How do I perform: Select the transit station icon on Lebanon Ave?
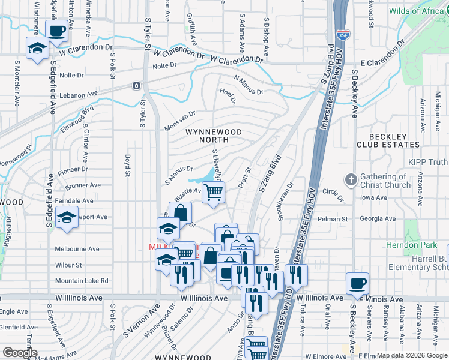click(x=137, y=86)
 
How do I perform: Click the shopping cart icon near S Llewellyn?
click(x=213, y=192)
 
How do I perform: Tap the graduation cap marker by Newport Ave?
click(x=66, y=218)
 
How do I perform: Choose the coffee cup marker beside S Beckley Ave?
click(x=357, y=283)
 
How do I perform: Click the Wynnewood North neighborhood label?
click(x=213, y=136)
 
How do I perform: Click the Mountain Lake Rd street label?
click(x=82, y=280)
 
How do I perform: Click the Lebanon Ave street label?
click(x=78, y=95)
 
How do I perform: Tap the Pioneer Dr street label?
click(x=73, y=170)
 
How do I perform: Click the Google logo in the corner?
click(x=20, y=353)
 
